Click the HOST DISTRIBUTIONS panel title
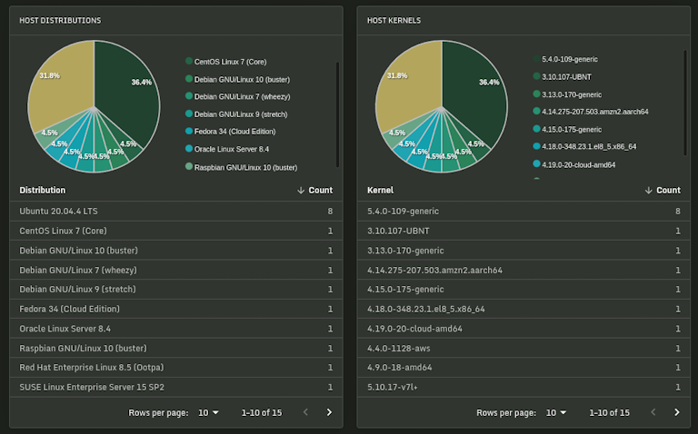[x=60, y=20]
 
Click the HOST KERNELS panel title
[x=394, y=20]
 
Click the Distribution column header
[x=43, y=191]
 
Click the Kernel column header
[x=380, y=191]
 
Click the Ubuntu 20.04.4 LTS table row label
[x=58, y=211]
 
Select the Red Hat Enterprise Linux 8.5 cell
[x=92, y=368]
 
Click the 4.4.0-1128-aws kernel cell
[x=399, y=349]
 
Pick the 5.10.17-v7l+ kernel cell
[x=393, y=388]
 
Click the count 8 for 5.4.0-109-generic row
[x=677, y=211]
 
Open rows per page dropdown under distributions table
[x=208, y=413]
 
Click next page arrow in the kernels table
[x=676, y=413]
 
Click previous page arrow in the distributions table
[x=305, y=413]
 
